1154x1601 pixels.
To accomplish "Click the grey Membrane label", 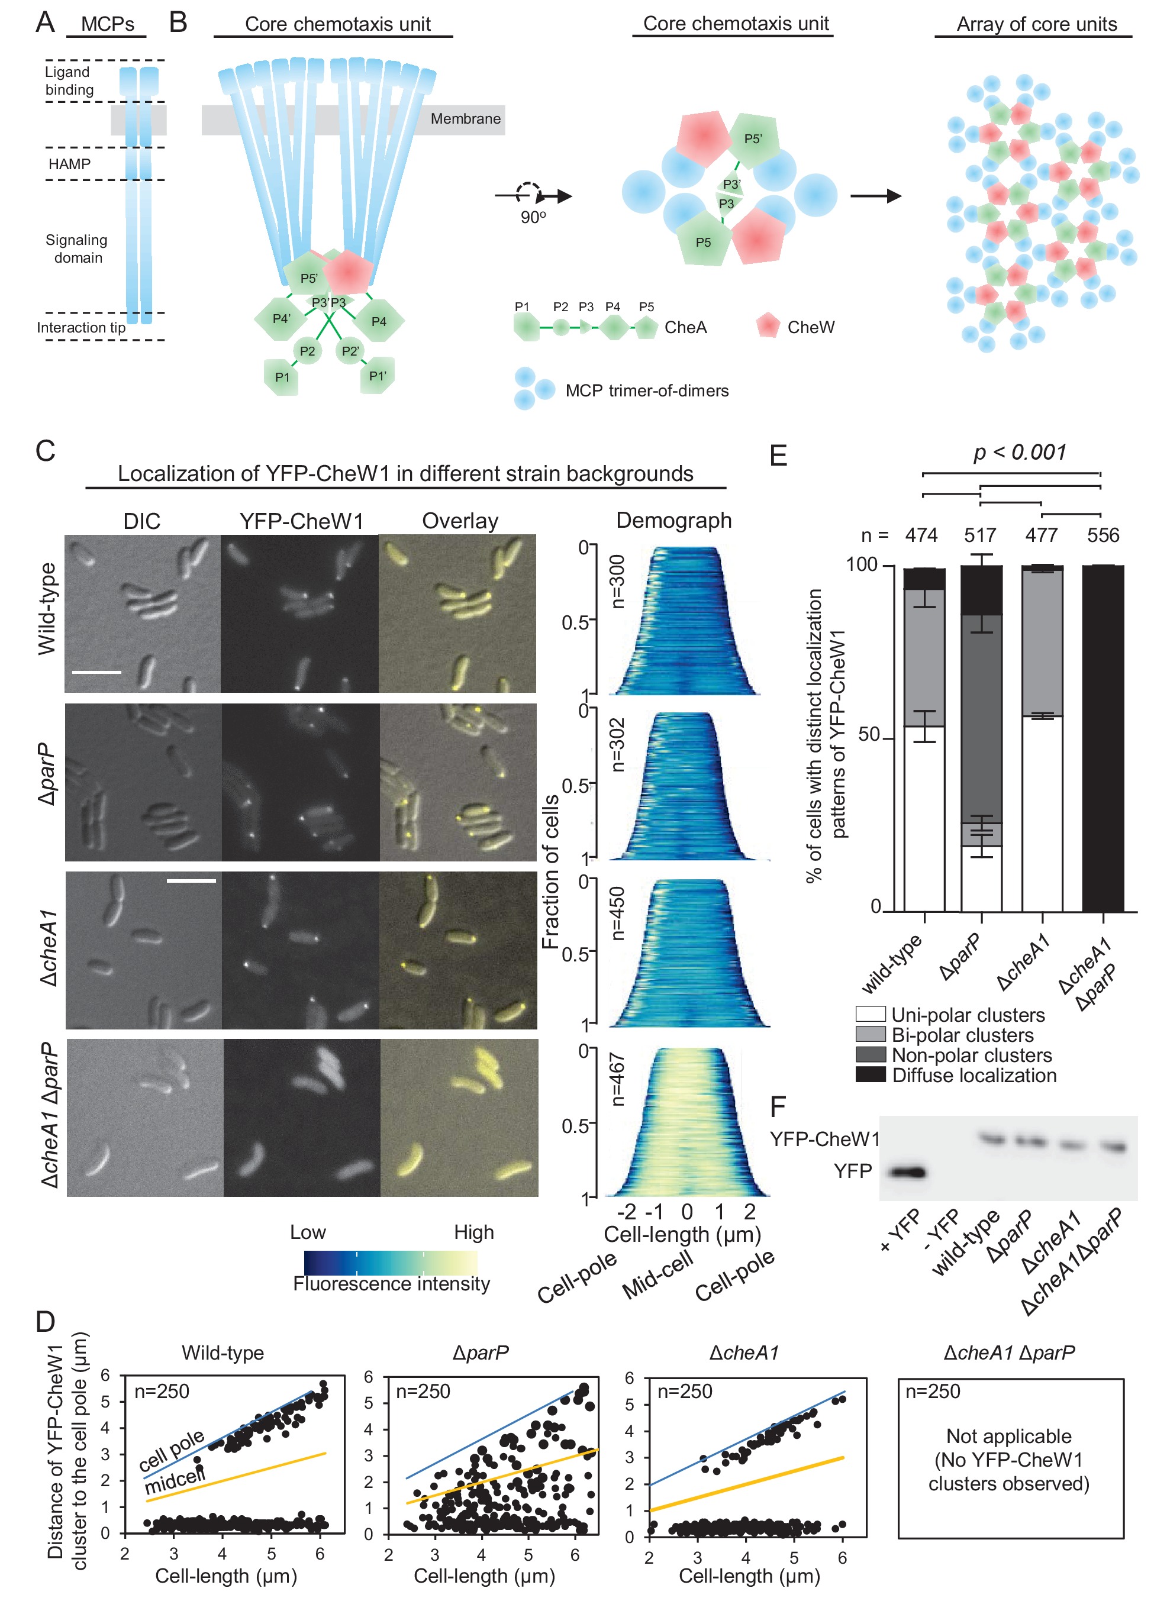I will [x=465, y=118].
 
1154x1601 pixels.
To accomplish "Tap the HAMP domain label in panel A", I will [x=69, y=164].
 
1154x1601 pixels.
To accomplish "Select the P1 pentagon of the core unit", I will [x=282, y=377].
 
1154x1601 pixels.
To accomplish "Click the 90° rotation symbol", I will [x=530, y=195].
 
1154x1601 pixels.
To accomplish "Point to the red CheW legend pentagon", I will [x=768, y=326].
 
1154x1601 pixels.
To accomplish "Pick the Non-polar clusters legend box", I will [x=870, y=1055].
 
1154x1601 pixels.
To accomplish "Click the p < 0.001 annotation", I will [x=1019, y=452].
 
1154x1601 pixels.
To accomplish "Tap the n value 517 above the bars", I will [x=980, y=535].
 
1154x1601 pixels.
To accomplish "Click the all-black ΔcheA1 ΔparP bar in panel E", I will [x=1103, y=738].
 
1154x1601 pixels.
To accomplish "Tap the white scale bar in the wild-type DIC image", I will [x=96, y=672].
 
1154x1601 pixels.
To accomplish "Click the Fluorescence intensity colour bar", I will [x=391, y=1262].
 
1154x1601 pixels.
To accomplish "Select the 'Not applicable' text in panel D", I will [x=1008, y=1436].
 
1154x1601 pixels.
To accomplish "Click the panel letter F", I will [x=778, y=1107].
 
